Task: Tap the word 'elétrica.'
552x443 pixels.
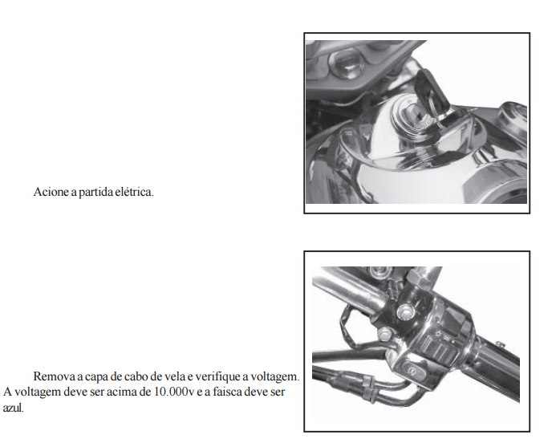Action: tap(135, 192)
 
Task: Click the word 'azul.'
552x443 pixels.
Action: tap(14, 408)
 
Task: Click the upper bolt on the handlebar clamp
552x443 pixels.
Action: tap(405, 311)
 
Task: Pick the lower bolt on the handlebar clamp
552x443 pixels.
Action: tap(384, 333)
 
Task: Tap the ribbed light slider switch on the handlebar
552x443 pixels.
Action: tap(434, 347)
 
